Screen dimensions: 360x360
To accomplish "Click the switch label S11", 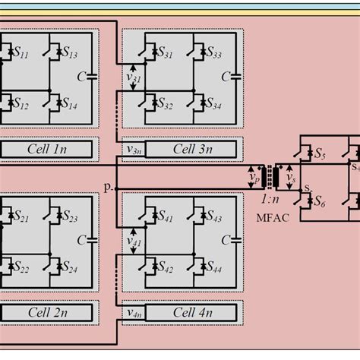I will (x=21, y=55).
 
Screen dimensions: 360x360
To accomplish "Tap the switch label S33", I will (x=213, y=55).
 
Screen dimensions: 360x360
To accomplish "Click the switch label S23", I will (x=69, y=219).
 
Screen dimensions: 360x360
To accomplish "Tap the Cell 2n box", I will (x=46, y=312).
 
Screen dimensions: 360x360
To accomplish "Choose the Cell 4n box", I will (x=193, y=312).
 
